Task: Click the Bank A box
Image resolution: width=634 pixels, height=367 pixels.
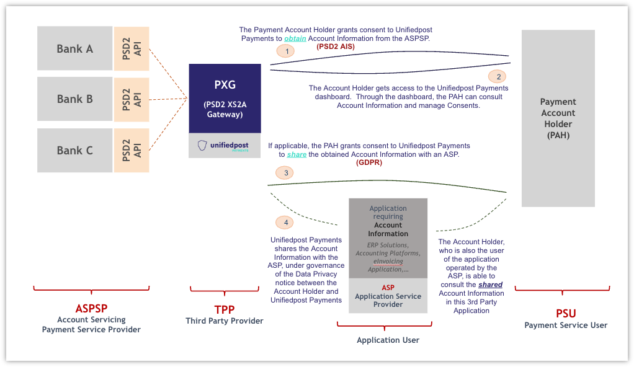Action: tap(74, 48)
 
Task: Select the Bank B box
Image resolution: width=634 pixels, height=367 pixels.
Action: tap(74, 99)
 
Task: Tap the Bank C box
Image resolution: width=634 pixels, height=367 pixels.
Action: tap(74, 150)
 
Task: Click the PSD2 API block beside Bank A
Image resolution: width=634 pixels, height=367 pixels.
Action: tap(132, 48)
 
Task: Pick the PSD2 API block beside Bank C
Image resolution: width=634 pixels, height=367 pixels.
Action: tap(132, 150)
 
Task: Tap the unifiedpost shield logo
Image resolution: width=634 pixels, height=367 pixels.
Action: tap(202, 146)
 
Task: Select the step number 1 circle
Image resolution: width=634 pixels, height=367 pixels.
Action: tap(286, 51)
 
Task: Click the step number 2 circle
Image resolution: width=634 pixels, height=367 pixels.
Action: tap(497, 76)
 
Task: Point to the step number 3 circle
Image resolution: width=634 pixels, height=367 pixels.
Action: tap(286, 173)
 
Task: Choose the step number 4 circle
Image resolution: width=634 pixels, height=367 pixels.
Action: tap(284, 222)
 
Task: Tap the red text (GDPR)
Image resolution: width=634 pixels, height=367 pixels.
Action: tap(369, 162)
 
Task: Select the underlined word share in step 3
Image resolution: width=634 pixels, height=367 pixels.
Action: tap(297, 154)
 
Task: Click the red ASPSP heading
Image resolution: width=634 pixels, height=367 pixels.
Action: tap(91, 308)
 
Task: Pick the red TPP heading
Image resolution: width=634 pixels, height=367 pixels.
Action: tap(224, 309)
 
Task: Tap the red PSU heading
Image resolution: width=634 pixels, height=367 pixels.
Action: tap(566, 313)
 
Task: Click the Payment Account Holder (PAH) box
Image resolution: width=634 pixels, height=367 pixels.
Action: tap(558, 118)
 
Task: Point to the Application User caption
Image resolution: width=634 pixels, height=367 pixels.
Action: tap(388, 340)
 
